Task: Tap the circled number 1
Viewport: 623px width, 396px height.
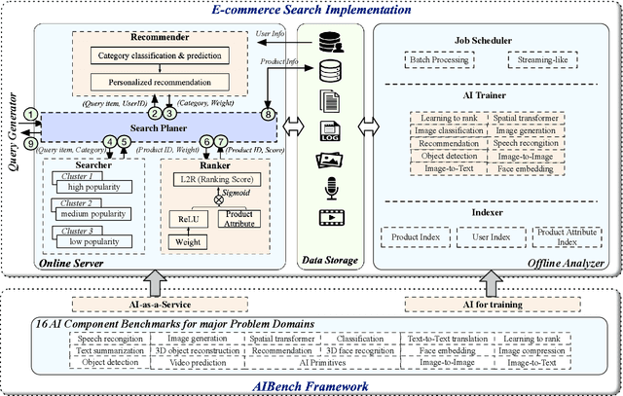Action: (32, 116)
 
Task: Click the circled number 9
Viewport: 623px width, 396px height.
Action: (32, 137)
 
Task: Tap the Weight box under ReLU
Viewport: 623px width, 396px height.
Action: (189, 240)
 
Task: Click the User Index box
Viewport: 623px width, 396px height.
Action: (493, 234)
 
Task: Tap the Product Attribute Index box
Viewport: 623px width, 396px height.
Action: (561, 234)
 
